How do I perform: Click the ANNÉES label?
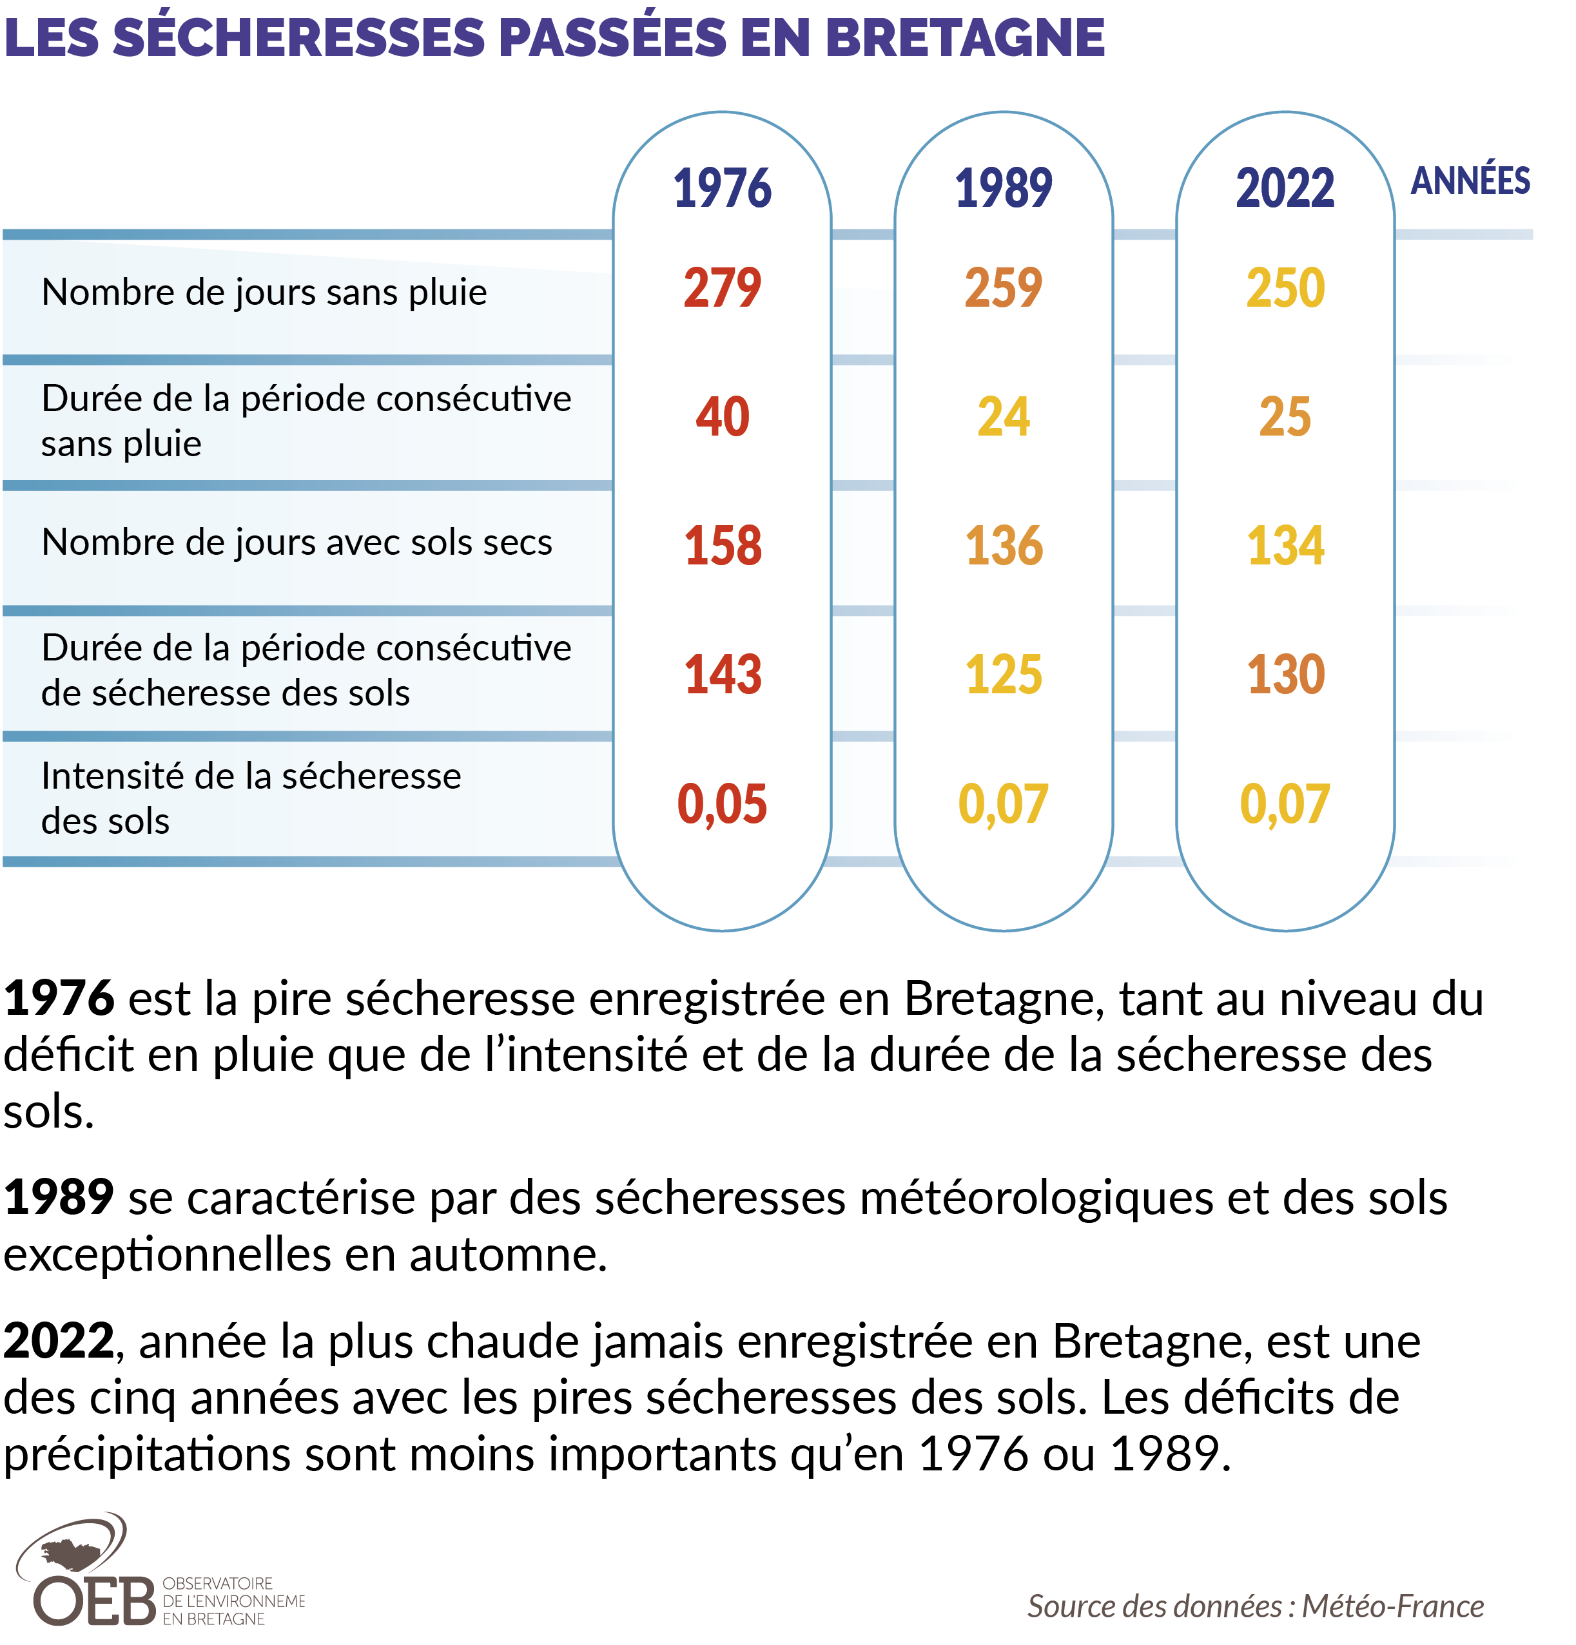coord(1470,181)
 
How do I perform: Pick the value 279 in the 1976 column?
coord(721,288)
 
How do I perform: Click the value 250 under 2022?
coord(1284,288)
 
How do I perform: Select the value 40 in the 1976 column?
coord(721,416)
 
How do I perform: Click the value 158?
coord(721,546)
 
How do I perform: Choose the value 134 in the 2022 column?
coord(1284,546)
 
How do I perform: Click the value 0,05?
coord(721,803)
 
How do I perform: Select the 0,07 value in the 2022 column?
coord(1284,803)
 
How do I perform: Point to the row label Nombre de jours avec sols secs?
coord(297,542)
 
